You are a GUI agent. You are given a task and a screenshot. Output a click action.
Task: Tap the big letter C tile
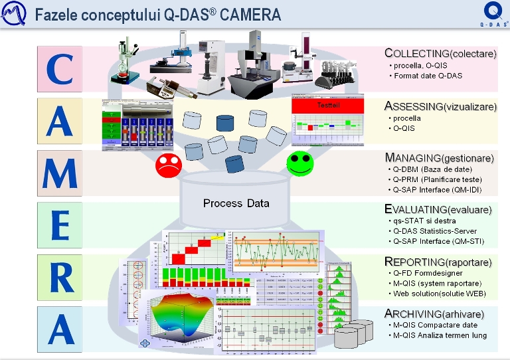click(x=60, y=68)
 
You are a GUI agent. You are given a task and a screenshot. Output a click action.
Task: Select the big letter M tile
click(x=60, y=172)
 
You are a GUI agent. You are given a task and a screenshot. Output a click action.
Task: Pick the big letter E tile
click(x=60, y=225)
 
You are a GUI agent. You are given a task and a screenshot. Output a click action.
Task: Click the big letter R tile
click(x=60, y=276)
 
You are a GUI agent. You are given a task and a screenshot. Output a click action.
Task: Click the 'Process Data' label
click(x=236, y=203)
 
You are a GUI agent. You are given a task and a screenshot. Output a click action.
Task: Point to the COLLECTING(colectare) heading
click(x=440, y=53)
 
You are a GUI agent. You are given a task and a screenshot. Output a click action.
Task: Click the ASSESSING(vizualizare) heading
click(x=440, y=106)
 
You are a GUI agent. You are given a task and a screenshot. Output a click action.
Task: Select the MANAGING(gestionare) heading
click(x=439, y=158)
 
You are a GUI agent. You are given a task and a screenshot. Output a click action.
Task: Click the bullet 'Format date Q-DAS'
click(x=428, y=76)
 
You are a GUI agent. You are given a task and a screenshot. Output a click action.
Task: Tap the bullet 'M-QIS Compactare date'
click(x=435, y=324)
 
